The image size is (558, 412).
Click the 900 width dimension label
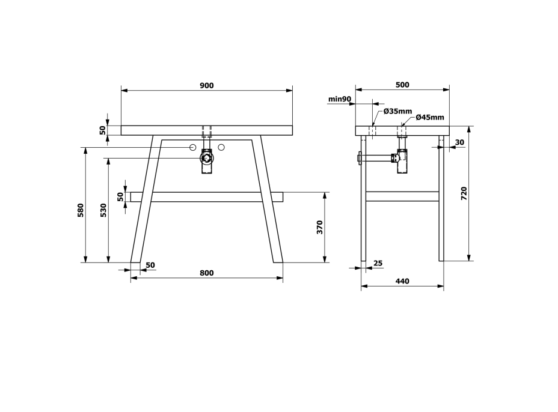click(207, 86)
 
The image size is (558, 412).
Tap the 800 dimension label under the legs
click(206, 273)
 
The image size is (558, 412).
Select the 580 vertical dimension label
click(81, 210)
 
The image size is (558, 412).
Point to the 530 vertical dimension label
click(103, 210)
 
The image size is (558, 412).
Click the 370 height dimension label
click(319, 227)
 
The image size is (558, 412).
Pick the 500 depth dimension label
click(402, 85)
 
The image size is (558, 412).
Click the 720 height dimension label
click(464, 193)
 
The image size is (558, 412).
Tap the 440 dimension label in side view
click(402, 281)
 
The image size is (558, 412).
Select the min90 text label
click(340, 99)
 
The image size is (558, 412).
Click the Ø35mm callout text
click(397, 111)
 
